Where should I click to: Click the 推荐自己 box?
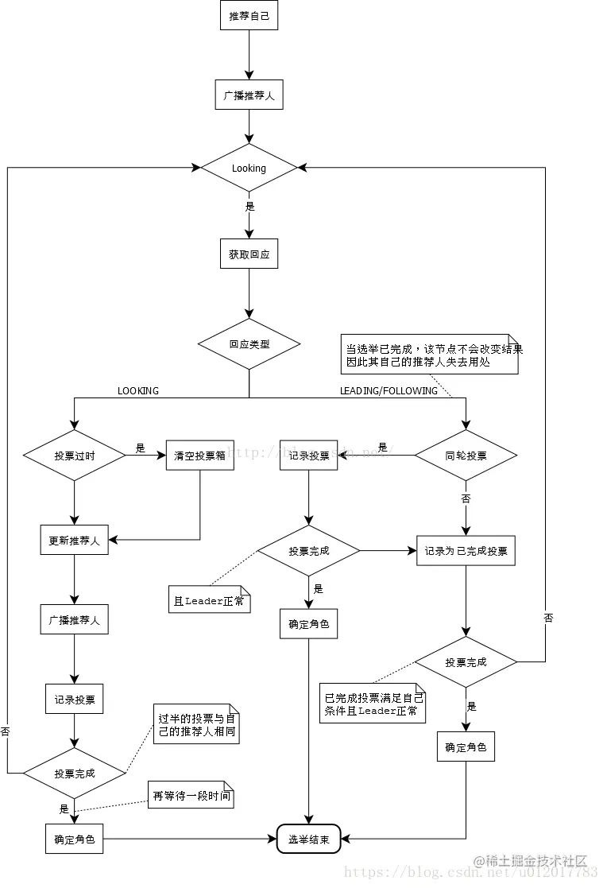point(249,15)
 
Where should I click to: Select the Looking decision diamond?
point(249,168)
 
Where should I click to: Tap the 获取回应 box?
point(249,254)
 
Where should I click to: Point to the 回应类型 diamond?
point(249,344)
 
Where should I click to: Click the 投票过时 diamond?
point(74,456)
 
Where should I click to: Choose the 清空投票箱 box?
point(200,456)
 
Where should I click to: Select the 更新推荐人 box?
point(74,540)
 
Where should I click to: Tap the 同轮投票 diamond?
point(466,456)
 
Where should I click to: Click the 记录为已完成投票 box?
point(466,550)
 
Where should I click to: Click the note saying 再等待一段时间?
point(191,794)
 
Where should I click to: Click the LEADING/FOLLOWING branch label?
point(389,390)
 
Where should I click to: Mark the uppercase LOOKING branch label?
point(138,390)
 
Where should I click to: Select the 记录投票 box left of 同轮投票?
point(308,456)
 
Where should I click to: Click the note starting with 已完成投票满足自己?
point(373,704)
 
